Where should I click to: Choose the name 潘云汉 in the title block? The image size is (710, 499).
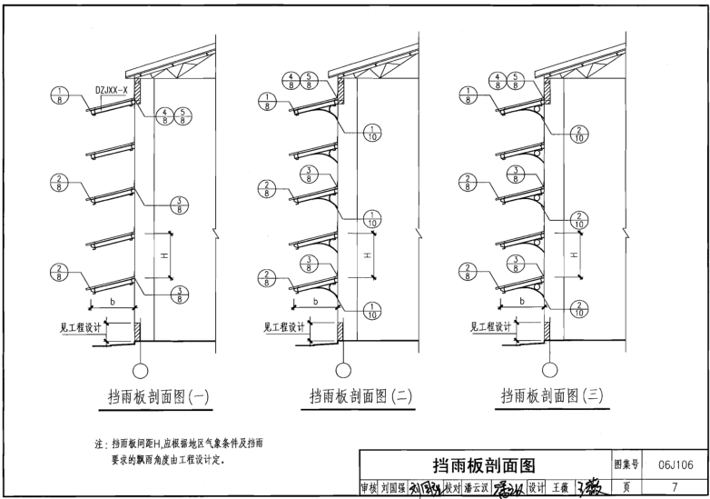click(478, 488)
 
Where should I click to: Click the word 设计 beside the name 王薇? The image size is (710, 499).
click(537, 488)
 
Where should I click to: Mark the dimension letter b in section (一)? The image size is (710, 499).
click(113, 300)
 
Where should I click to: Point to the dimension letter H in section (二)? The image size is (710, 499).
click(366, 255)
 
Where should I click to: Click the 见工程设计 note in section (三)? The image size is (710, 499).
click(489, 328)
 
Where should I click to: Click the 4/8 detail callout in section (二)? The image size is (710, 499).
click(290, 79)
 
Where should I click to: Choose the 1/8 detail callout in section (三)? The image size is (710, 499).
click(467, 95)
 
